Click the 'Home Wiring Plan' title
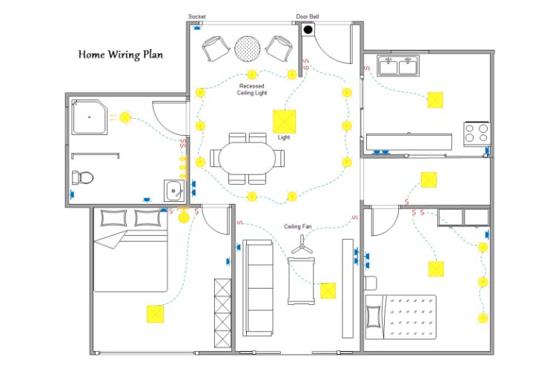pos(121,54)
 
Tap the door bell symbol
pos(308,30)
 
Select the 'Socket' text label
pos(196,16)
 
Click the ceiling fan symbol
pos(302,244)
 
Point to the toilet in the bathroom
pos(82,177)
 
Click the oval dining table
pos(247,158)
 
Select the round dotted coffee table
pos(248,48)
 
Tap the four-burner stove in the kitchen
pos(477,134)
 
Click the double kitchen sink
pos(398,66)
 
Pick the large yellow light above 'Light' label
pos(285,122)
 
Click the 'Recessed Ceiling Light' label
pos(252,90)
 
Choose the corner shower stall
pos(90,117)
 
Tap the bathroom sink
pos(174,191)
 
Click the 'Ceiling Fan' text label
pos(297,226)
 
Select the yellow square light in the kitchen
pos(435,100)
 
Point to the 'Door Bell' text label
pos(308,16)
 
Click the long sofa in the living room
pos(258,288)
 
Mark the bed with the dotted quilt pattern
pos(400,317)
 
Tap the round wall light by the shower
pos(125,117)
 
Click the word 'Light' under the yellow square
pos(284,137)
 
